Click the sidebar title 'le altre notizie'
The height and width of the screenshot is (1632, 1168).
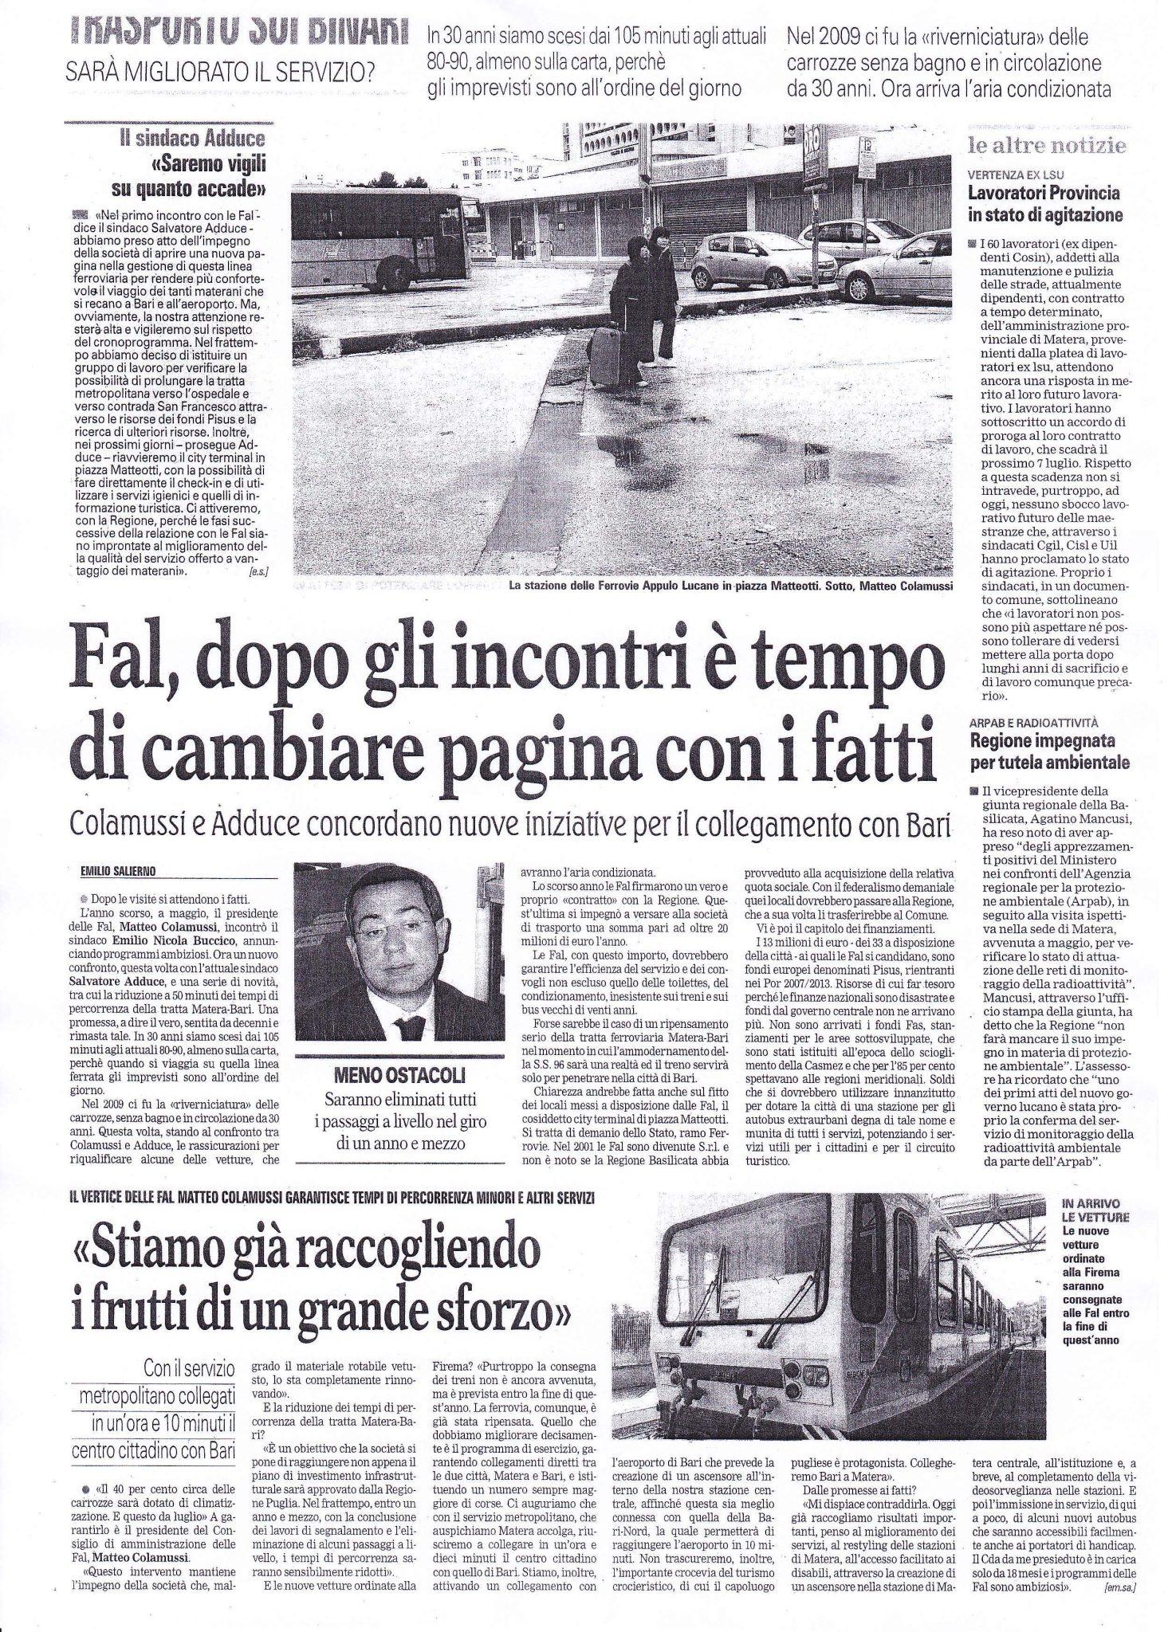[x=1047, y=146]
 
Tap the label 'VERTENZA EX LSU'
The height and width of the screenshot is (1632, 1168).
[x=1016, y=174]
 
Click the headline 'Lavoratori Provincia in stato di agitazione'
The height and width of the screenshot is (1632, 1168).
[x=1044, y=203]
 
